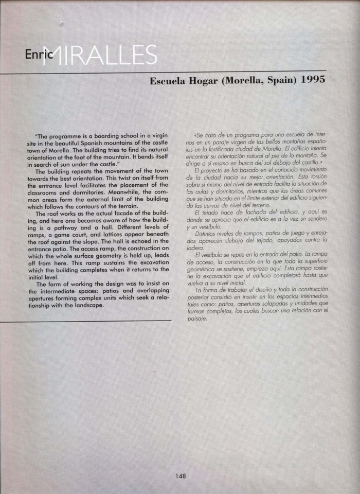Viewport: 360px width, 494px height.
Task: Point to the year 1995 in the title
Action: click(x=313, y=81)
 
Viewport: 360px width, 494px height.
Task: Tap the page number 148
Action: click(x=180, y=476)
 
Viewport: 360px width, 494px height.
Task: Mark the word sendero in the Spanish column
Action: click(x=315, y=219)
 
